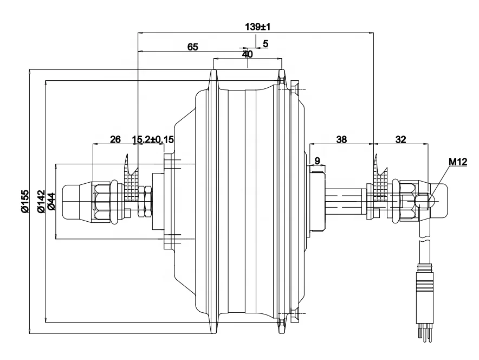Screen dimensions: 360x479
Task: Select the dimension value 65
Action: (x=192, y=47)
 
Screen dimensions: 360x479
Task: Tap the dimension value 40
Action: (x=247, y=54)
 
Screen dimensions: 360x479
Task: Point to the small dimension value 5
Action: (x=265, y=43)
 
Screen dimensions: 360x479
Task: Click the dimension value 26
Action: (x=115, y=139)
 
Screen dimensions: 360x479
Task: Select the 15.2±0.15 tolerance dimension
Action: (x=153, y=139)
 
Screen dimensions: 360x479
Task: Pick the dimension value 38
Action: (x=341, y=139)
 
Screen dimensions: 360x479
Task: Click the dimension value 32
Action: (x=400, y=139)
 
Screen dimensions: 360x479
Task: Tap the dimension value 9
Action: (x=317, y=160)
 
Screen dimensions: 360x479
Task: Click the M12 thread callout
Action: (x=458, y=162)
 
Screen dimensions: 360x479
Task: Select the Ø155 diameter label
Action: (x=25, y=202)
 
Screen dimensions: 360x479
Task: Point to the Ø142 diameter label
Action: (x=39, y=202)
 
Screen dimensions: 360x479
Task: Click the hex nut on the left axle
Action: (x=103, y=202)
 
